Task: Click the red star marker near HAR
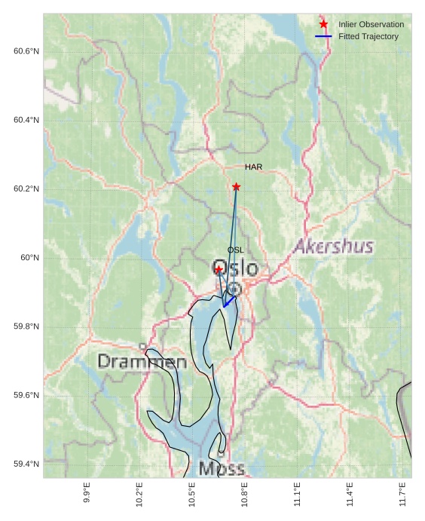[236, 186]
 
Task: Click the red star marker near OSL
[219, 269]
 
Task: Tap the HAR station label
[253, 167]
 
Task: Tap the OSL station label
[236, 250]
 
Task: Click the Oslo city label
[235, 268]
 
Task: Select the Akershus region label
[334, 247]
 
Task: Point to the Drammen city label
[142, 362]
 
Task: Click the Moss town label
[222, 469]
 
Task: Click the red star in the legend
[323, 24]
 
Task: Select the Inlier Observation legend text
[371, 24]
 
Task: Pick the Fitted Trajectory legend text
[368, 36]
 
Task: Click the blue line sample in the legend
[323, 36]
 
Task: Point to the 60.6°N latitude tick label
[26, 51]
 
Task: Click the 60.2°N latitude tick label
[26, 188]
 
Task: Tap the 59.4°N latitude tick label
[26, 464]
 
